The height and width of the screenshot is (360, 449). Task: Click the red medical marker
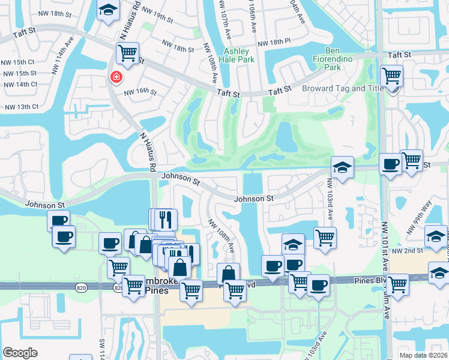tap(115, 77)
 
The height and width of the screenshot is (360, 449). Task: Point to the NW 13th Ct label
tap(21, 107)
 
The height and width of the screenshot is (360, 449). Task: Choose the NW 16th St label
tap(140, 92)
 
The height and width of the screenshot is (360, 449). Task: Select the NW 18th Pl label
tap(274, 43)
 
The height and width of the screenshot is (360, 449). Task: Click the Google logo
tap(20, 353)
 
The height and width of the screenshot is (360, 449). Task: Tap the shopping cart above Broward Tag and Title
tap(392, 76)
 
